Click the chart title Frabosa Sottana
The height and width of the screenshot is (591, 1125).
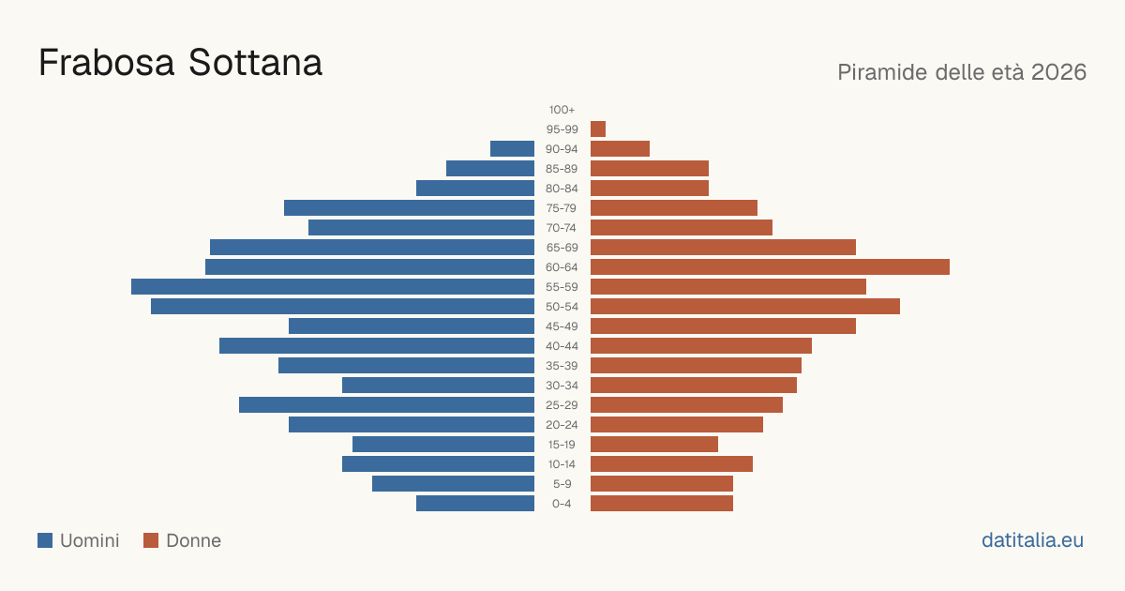[180, 63]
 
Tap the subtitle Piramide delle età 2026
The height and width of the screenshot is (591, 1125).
[962, 72]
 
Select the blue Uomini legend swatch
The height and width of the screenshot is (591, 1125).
[45, 540]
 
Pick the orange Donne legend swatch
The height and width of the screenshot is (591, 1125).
[151, 540]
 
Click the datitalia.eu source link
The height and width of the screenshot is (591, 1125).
[1032, 540]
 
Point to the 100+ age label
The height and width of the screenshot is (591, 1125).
[562, 110]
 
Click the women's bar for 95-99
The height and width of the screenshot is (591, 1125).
[598, 129]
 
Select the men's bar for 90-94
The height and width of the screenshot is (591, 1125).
[512, 149]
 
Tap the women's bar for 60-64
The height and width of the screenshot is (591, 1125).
[770, 266]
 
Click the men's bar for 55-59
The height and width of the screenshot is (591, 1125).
[333, 286]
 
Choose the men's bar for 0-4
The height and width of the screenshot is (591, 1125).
[475, 504]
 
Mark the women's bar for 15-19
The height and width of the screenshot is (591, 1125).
[654, 445]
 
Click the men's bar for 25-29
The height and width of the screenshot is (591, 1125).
[386, 405]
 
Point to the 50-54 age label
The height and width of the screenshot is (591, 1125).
[562, 307]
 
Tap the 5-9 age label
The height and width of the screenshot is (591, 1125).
[562, 484]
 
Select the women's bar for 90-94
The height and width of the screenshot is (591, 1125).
[621, 149]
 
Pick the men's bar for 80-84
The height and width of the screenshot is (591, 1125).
[475, 188]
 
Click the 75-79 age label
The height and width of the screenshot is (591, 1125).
[562, 208]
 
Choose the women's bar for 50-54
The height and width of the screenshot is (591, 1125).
[745, 307]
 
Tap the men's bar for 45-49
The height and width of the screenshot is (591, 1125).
[412, 326]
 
